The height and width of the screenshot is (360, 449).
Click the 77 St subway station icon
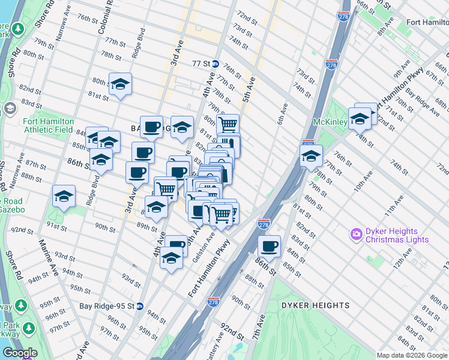[214, 63]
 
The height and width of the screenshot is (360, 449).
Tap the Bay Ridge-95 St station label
[107, 305]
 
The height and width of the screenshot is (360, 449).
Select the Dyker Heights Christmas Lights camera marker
[357, 232]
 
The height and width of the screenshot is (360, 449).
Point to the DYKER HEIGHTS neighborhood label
[315, 305]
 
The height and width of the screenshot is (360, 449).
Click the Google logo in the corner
[20, 353]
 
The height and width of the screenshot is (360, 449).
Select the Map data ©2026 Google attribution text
[412, 355]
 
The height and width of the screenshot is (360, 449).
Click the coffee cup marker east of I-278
[270, 245]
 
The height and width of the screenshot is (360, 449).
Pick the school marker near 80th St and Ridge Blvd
[120, 84]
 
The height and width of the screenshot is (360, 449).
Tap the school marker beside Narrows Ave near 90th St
[64, 197]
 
